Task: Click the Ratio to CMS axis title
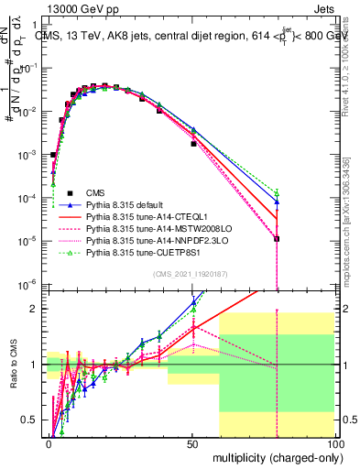(x=11, y=365)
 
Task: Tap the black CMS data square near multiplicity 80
(x=277, y=239)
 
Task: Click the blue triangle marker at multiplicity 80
(x=277, y=202)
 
